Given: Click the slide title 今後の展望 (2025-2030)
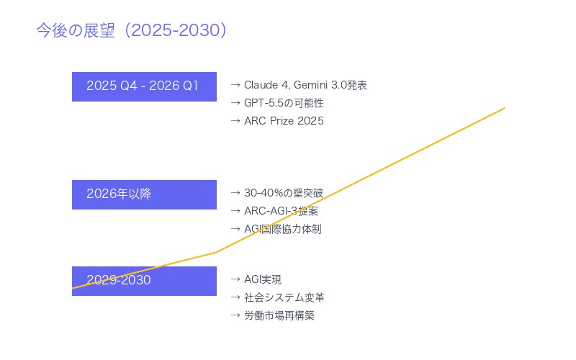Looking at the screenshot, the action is click(x=132, y=30).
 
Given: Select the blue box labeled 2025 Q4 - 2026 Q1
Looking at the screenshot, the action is click(x=144, y=86).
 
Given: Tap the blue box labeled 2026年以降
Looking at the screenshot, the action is click(x=144, y=194).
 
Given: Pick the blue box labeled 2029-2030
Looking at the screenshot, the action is click(x=144, y=281).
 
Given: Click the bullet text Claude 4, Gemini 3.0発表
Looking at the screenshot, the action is click(x=305, y=85).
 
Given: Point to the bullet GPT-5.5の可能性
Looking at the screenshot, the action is click(x=284, y=103).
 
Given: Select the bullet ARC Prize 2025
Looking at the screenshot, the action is click(x=284, y=121).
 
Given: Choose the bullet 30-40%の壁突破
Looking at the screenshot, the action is click(x=283, y=193).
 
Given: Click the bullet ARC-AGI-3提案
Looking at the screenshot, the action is click(x=281, y=211).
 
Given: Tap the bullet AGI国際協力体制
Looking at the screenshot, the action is click(x=283, y=229).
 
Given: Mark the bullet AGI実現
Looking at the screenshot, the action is click(x=263, y=279).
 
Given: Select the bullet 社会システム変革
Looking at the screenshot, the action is click(x=284, y=297).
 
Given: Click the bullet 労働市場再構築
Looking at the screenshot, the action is click(x=279, y=315).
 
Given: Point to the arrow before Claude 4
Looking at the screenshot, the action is click(x=235, y=85).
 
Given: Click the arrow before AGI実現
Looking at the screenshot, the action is click(x=235, y=279).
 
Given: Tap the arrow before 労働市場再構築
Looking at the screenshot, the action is click(x=235, y=315).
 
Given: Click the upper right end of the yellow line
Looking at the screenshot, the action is click(x=505, y=108).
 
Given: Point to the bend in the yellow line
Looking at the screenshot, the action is click(x=215, y=253).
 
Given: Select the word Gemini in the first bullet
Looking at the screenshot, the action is click(x=310, y=85).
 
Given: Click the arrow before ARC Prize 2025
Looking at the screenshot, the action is click(x=235, y=121).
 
